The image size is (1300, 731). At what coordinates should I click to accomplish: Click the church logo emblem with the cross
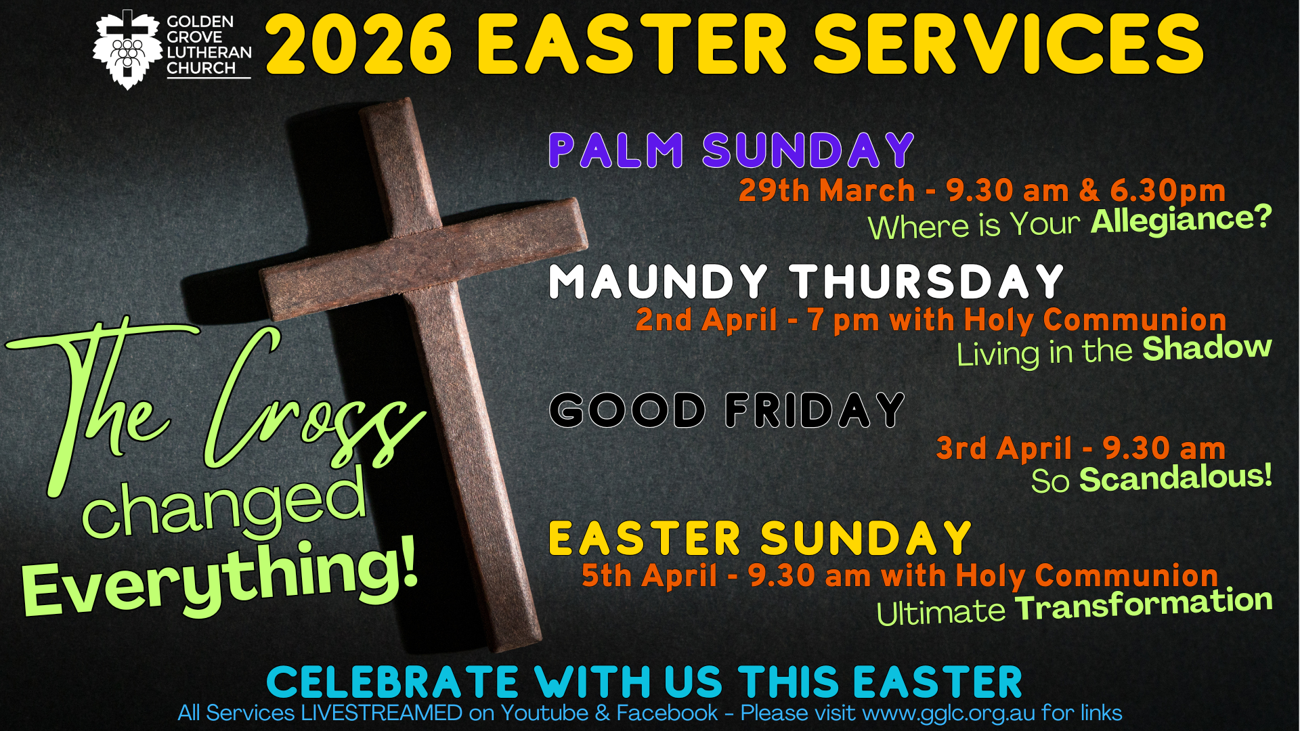pyautogui.click(x=127, y=49)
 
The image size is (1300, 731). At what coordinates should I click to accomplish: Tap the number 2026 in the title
pyautogui.click(x=359, y=45)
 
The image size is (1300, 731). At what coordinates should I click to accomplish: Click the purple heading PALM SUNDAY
pyautogui.click(x=731, y=150)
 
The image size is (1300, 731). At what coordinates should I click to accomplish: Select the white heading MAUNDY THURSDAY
pyautogui.click(x=806, y=281)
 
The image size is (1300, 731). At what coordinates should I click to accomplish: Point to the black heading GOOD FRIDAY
pyautogui.click(x=727, y=409)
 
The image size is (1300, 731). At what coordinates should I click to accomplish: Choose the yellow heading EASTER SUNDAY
pyautogui.click(x=760, y=538)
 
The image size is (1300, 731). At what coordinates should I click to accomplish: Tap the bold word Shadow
pyautogui.click(x=1207, y=349)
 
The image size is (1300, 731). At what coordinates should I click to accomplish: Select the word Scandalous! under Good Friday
pyautogui.click(x=1176, y=478)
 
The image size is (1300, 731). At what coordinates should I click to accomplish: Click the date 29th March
pyautogui.click(x=827, y=190)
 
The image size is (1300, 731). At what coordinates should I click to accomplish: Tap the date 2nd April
pyautogui.click(x=706, y=319)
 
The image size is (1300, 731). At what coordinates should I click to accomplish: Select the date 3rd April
pyautogui.click(x=1004, y=448)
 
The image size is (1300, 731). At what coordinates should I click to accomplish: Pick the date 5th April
pyautogui.click(x=649, y=575)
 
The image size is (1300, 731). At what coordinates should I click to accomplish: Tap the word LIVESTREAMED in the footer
pyautogui.click(x=382, y=713)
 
